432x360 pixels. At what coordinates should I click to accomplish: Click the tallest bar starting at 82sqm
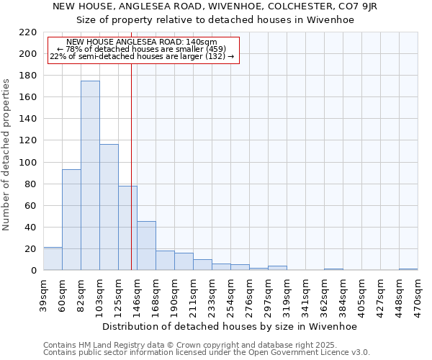(x=90, y=176)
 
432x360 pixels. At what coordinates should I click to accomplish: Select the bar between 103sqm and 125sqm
(x=109, y=207)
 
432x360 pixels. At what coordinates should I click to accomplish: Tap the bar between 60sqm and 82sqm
(x=71, y=220)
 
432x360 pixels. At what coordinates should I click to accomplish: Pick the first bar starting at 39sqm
(x=53, y=258)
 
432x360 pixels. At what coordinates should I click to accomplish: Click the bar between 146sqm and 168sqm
(x=146, y=246)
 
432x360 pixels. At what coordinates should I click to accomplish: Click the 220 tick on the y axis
(x=29, y=32)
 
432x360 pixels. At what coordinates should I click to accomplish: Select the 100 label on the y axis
(x=29, y=163)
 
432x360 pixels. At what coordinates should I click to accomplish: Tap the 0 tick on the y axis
(x=33, y=271)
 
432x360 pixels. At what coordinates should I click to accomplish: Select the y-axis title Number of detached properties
(x=7, y=155)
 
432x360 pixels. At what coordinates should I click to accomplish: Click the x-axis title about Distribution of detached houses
(x=230, y=326)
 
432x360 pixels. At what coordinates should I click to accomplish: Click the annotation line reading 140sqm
(x=141, y=42)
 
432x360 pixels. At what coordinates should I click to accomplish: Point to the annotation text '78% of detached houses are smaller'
(x=141, y=49)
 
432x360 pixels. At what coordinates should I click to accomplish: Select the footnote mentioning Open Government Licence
(x=207, y=353)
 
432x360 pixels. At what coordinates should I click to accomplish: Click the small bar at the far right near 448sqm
(x=408, y=269)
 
